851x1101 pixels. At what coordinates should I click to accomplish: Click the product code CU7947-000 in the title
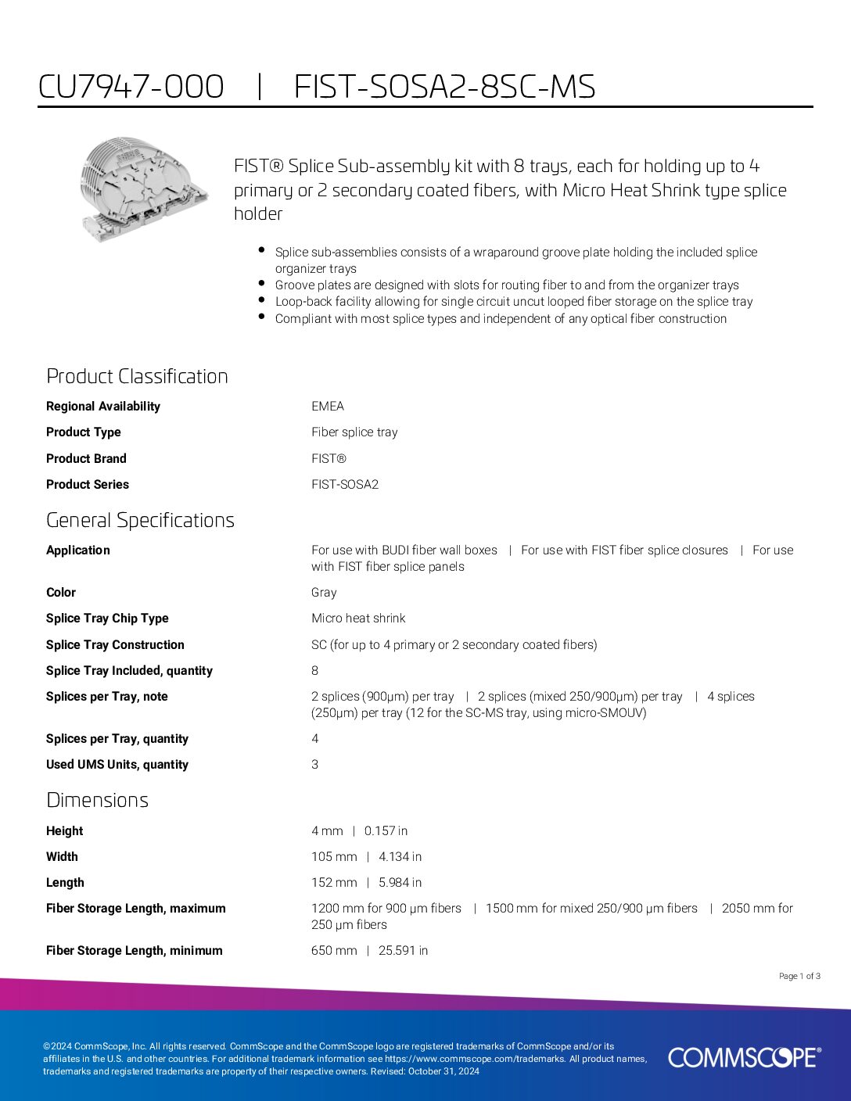click(x=131, y=87)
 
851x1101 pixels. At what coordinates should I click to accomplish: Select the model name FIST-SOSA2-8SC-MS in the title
click(x=444, y=87)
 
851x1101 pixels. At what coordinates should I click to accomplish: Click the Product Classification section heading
click(x=137, y=376)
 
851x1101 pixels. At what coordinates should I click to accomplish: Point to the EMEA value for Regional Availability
click(x=328, y=406)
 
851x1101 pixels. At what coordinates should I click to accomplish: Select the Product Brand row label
click(x=86, y=458)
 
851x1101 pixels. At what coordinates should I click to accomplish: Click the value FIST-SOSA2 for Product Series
click(x=345, y=484)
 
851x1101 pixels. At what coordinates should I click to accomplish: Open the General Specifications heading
click(x=140, y=520)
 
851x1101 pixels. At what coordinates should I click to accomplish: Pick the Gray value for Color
click(x=324, y=592)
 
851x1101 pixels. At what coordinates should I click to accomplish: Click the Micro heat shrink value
click(x=358, y=618)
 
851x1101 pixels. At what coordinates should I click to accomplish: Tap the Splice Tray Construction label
click(x=115, y=644)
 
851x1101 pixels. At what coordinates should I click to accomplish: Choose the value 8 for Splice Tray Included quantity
click(x=315, y=670)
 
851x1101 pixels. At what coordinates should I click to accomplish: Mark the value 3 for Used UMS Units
click(x=315, y=764)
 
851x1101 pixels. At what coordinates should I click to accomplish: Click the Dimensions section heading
click(x=97, y=800)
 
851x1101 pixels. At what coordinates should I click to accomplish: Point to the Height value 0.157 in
click(x=386, y=830)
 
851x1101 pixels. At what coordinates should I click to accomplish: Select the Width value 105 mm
click(x=334, y=856)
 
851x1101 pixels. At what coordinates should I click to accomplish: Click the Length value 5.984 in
click(x=400, y=882)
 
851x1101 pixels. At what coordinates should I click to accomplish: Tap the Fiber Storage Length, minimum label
click(x=134, y=950)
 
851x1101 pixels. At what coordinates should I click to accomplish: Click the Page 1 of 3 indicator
click(x=799, y=976)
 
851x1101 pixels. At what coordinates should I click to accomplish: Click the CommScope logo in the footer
click(x=744, y=1057)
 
